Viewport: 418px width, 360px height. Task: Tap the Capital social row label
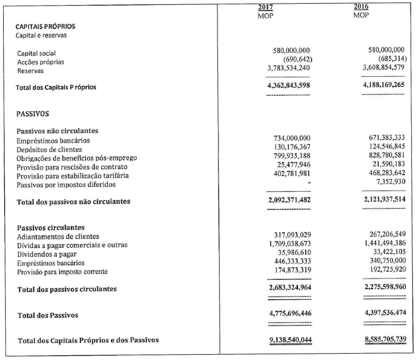(x=37, y=53)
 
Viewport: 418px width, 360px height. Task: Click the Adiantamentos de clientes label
(x=58, y=236)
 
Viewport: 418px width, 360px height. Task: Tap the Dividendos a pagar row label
(x=47, y=254)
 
